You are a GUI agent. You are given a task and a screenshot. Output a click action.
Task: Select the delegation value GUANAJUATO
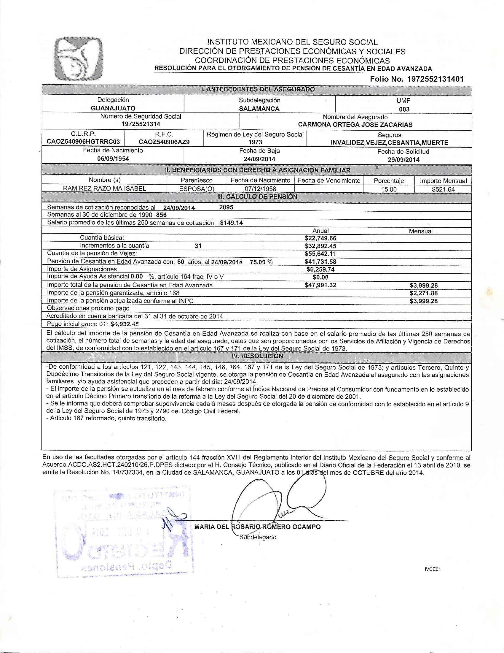pos(113,108)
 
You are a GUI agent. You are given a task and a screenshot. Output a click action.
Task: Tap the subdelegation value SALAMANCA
pos(259,109)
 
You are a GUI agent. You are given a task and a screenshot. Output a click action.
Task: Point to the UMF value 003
pos(404,109)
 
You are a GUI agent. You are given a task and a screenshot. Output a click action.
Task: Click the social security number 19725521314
pos(141,124)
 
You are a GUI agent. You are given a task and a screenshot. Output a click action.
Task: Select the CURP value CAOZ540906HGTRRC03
pos(83,142)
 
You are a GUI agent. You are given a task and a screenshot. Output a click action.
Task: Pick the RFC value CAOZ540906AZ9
pos(164,142)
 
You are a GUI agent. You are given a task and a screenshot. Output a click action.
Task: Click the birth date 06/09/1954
pos(113,159)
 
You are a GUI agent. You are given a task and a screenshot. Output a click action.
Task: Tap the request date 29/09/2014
pos(403,159)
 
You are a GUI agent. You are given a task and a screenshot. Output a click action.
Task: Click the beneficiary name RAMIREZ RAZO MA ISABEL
pos(104,188)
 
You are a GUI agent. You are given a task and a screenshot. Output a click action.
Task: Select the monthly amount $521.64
pos(443,189)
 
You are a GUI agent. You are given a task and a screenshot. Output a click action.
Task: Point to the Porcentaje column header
pos(389,180)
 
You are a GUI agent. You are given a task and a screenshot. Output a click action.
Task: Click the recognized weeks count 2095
pos(226,207)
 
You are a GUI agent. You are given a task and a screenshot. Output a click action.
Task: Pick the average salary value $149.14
pos(231,223)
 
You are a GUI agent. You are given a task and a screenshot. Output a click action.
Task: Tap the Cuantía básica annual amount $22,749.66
pos(320,238)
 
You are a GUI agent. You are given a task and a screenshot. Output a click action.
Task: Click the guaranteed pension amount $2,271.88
pos(424,293)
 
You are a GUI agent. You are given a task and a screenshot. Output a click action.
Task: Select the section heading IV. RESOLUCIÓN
pos(257,356)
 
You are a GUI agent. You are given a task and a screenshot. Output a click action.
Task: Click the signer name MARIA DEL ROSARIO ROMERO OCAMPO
pos(257,527)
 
